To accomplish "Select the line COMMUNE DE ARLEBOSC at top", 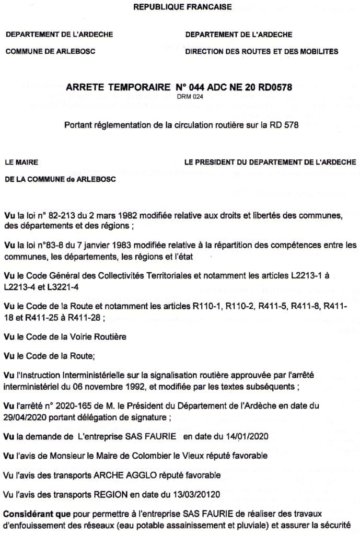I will [50, 51].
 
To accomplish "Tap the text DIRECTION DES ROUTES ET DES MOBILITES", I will [261, 51].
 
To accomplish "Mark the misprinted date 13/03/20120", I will [201, 494].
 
